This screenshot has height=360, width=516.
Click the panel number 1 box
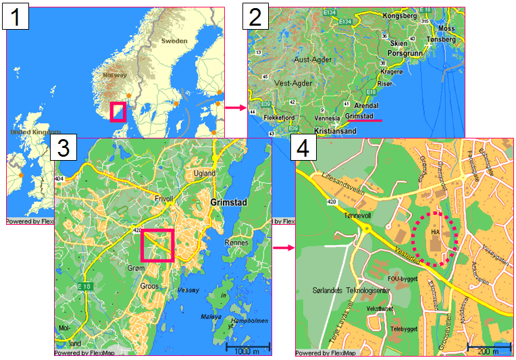click(x=16, y=17)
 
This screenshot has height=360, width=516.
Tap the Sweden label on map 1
click(x=174, y=41)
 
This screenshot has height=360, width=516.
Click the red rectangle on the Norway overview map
click(x=118, y=112)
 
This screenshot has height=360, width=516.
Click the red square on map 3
click(x=157, y=245)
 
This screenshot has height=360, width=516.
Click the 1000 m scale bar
click(x=247, y=346)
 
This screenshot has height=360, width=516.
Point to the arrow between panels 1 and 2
click(x=234, y=107)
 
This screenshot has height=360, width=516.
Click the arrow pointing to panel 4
click(x=284, y=248)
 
